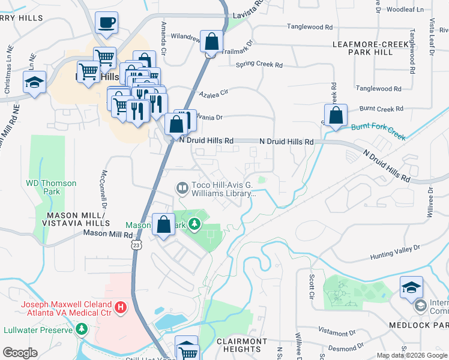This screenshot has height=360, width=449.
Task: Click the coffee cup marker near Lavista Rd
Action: (x=106, y=23)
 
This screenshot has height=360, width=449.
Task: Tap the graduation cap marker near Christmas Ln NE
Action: (x=35, y=82)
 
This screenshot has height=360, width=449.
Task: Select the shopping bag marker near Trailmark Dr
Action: (x=212, y=42)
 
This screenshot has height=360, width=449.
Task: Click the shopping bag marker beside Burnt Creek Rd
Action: (x=336, y=116)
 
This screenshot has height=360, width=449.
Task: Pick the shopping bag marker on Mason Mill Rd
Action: (x=164, y=225)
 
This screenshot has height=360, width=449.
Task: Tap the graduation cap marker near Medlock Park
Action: (x=411, y=288)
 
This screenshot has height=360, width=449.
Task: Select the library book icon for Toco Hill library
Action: (x=181, y=188)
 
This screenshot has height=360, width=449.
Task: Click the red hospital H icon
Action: (x=121, y=308)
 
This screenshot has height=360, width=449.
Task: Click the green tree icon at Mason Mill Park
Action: (x=194, y=225)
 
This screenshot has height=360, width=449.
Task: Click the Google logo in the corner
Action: (x=20, y=353)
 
